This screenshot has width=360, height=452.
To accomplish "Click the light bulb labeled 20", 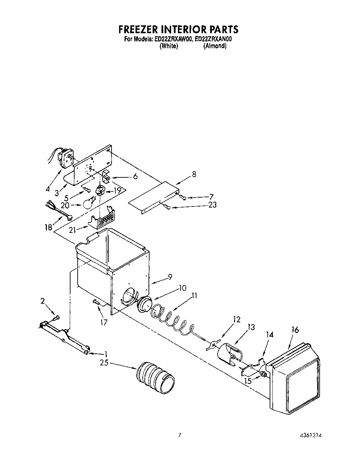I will coord(88,203).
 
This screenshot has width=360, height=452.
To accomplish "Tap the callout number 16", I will coord(295,330).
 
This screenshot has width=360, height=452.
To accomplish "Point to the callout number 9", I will coord(169,277).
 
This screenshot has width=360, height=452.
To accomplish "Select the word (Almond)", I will coord(215,46).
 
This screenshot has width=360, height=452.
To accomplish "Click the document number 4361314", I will coord(310,436).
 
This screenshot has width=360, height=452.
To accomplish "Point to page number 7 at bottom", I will coord(179,436).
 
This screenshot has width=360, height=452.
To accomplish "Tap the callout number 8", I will coord(194,174).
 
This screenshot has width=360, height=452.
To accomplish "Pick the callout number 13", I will coord(251,327).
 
